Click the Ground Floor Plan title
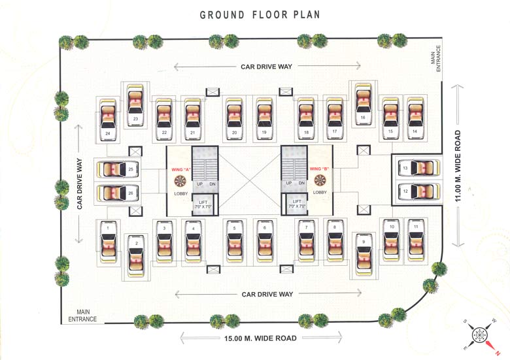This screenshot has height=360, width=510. (x=260, y=14)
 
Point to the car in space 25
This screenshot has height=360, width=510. (x=118, y=169)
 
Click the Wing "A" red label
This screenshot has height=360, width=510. (x=181, y=169)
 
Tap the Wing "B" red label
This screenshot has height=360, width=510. (x=320, y=169)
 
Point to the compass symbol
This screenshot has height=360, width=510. (x=481, y=333)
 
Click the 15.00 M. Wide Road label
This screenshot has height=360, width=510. (x=260, y=338)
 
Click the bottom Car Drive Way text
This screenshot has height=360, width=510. (x=267, y=294)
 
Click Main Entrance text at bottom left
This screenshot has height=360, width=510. (x=82, y=316)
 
